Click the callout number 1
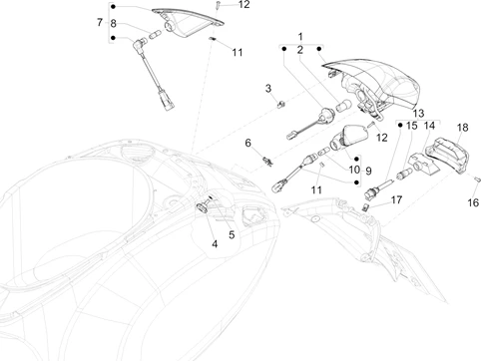pos(300,36)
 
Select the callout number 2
pos(300,50)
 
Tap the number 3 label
pos(268,89)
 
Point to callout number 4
pos(215,244)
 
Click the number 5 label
pos(232,235)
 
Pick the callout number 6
pos(247,143)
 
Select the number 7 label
pos(100,22)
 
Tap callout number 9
pos(368,171)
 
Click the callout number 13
pos(418,114)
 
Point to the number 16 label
pos(473,202)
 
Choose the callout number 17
pos(396,199)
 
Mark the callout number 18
pos(462,128)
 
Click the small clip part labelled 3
pos(281,105)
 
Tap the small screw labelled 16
pos(477,180)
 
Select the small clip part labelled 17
pos(365,207)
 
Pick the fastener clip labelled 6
pos(267,162)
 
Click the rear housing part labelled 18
pos(447,156)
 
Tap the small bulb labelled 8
pos(156,34)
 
